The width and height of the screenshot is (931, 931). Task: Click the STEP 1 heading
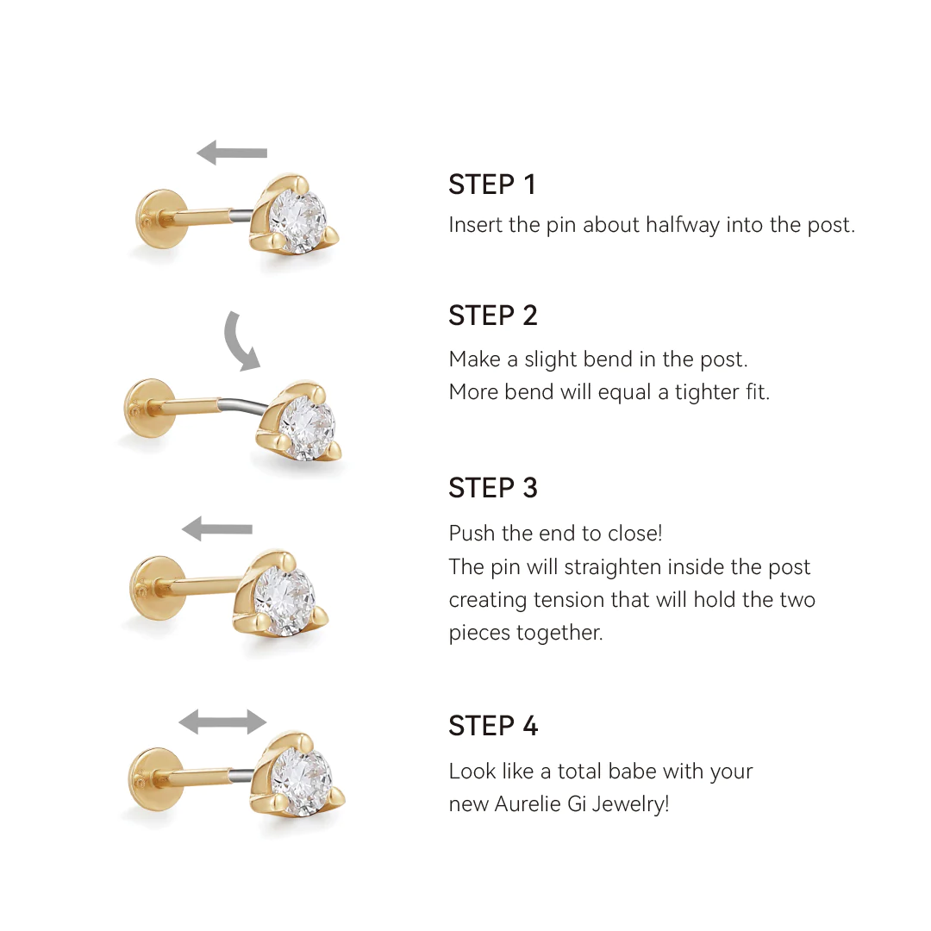(x=491, y=184)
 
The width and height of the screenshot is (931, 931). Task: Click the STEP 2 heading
(x=492, y=316)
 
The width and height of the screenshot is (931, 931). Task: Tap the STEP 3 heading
(x=492, y=488)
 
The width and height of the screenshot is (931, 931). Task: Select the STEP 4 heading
(x=492, y=726)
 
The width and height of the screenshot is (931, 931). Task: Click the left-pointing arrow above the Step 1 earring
(x=231, y=153)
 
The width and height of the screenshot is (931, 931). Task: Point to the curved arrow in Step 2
(x=241, y=341)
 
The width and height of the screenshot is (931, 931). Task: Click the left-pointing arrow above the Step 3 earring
(x=217, y=528)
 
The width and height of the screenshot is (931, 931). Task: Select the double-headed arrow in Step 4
(x=222, y=722)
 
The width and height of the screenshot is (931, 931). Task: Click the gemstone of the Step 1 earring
(x=297, y=220)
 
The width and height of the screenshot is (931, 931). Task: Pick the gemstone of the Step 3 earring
(x=285, y=595)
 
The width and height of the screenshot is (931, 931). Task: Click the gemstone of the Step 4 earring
(x=301, y=783)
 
